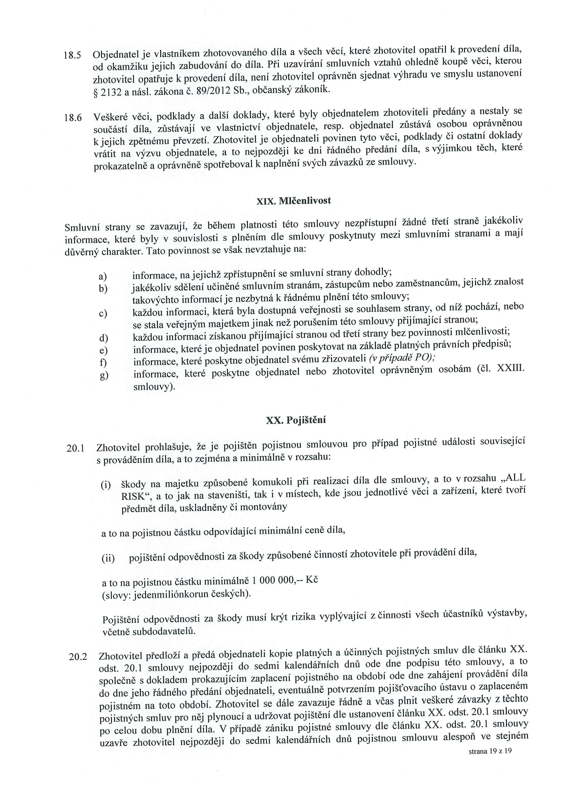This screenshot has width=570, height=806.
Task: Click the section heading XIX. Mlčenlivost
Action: click(294, 201)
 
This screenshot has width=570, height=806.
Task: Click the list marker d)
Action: click(104, 338)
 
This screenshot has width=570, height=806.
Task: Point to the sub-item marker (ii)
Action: click(108, 559)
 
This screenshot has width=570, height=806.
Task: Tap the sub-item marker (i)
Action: click(106, 485)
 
